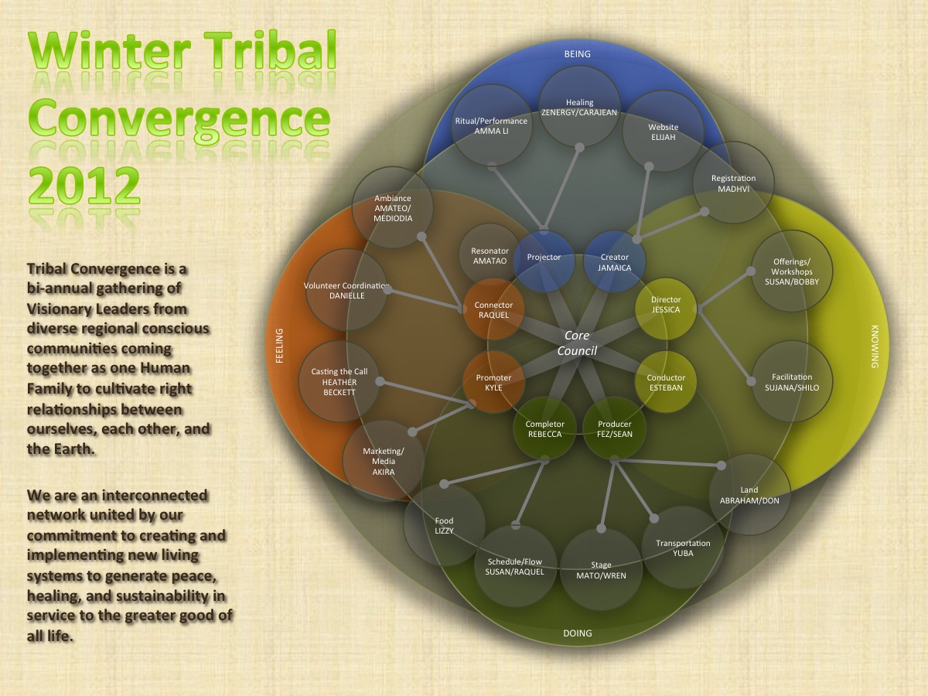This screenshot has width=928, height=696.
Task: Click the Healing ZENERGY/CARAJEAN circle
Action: [580, 107]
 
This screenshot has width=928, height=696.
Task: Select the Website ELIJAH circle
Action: [663, 131]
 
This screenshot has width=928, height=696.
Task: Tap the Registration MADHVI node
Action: [733, 183]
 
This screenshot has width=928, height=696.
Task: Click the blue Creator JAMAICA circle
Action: [614, 262]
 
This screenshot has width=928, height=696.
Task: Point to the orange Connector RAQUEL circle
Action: [493, 310]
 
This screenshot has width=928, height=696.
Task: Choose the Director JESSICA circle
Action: [665, 305]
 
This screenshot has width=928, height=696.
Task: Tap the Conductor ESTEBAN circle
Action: [665, 382]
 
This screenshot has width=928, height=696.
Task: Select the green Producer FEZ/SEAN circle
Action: [614, 428]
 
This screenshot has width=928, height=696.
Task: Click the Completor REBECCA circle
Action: [545, 428]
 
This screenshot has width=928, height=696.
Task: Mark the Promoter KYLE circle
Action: [493, 383]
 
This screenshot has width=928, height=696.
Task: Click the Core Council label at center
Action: [577, 343]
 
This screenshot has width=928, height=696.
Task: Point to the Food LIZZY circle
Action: [444, 525]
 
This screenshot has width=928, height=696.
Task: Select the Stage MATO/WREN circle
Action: [601, 569]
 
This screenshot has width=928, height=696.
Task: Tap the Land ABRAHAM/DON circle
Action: [749, 494]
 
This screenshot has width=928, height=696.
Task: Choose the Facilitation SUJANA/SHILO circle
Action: [791, 382]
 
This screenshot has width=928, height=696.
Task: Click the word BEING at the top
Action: [577, 54]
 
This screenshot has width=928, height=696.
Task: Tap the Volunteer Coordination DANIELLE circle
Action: [346, 290]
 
